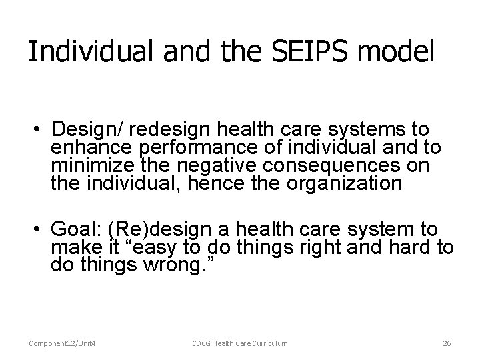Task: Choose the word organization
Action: pos(340,183)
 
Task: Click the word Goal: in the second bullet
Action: pos(78,230)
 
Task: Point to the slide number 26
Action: pos(447,343)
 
